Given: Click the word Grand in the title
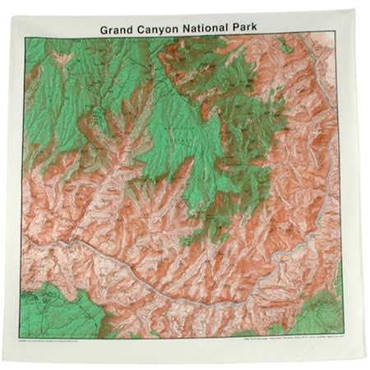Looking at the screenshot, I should tap(118, 28).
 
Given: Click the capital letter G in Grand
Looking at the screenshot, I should tap(104, 28).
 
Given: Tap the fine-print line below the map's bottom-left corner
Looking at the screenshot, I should tap(66, 340).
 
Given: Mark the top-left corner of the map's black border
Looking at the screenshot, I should tap(25, 37).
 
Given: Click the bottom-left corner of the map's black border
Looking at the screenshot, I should tap(25, 337).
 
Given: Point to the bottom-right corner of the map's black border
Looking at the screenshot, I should tap(339, 336).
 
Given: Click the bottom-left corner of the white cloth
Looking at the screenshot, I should tap(4, 362).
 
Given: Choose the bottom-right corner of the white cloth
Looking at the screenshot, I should tap(364, 362).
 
